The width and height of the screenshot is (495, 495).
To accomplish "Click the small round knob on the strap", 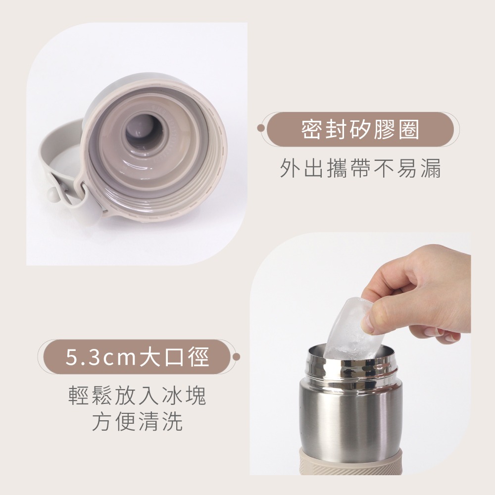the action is (53, 194).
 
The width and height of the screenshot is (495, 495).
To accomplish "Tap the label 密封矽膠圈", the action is (360, 129).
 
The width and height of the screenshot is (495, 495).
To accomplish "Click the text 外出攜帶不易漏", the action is (360, 168).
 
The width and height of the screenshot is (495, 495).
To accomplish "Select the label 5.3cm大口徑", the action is (137, 357).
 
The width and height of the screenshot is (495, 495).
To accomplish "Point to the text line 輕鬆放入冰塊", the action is (137, 395).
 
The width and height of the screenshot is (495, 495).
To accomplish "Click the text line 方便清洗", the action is (137, 421).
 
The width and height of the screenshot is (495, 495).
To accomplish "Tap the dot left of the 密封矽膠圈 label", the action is (261, 128).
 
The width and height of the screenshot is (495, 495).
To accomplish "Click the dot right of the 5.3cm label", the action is (236, 357).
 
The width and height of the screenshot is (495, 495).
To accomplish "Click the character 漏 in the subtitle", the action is (431, 168).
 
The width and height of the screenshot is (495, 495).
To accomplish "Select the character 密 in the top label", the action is (311, 129).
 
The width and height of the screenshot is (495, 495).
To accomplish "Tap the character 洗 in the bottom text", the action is (173, 421).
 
